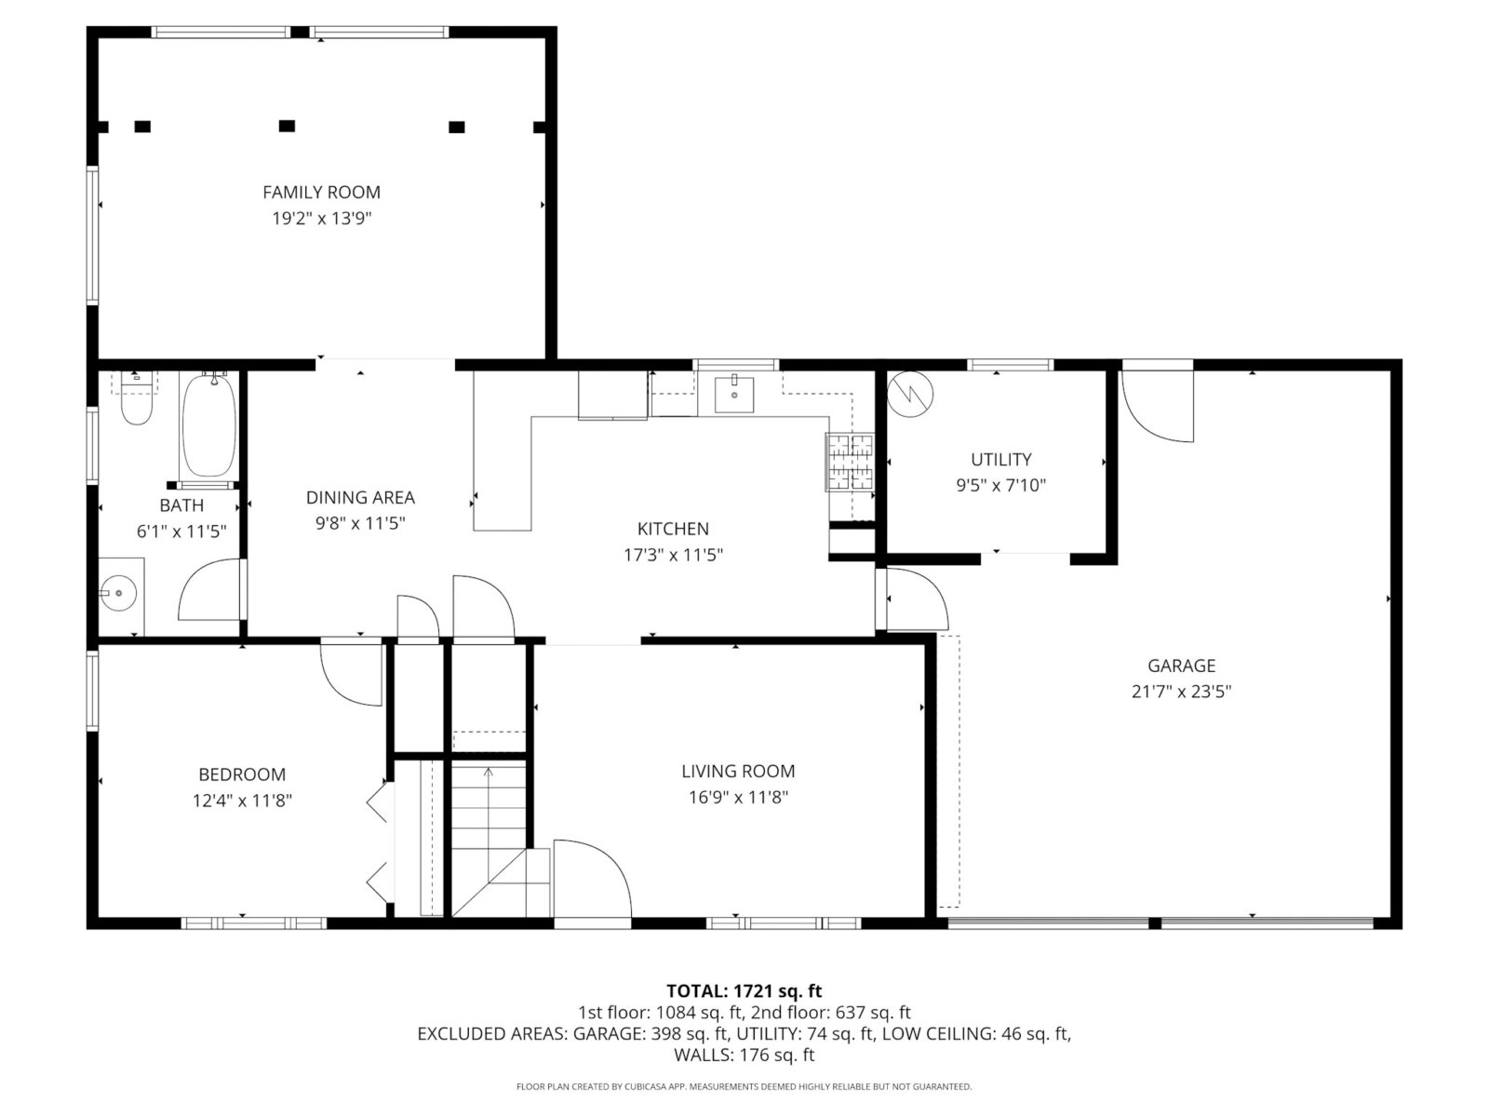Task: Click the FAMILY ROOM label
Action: pyautogui.click(x=321, y=193)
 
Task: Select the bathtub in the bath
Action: pyautogui.click(x=209, y=425)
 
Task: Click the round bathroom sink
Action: pyautogui.click(x=118, y=594)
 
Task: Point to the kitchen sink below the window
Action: pyautogui.click(x=734, y=394)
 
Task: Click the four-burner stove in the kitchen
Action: pyautogui.click(x=850, y=461)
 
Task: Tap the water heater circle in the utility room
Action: pyautogui.click(x=910, y=395)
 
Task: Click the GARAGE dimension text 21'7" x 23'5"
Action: pyautogui.click(x=1181, y=692)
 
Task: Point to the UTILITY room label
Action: pyautogui.click(x=1000, y=460)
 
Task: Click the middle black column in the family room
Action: pyautogui.click(x=287, y=127)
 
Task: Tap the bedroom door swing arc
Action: pyautogui.click(x=351, y=676)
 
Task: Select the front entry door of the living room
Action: pyautogui.click(x=592, y=879)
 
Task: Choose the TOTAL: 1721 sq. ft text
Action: pyautogui.click(x=744, y=991)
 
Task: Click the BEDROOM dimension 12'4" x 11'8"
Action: pyautogui.click(x=242, y=801)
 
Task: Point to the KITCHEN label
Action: pyautogui.click(x=673, y=529)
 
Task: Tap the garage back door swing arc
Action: pyautogui.click(x=1158, y=406)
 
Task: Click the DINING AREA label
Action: pyautogui.click(x=360, y=498)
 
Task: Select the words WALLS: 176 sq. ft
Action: pyautogui.click(x=744, y=1056)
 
